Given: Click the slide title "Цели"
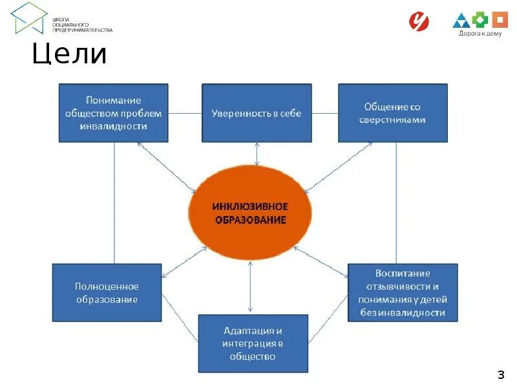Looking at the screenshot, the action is [x=70, y=54].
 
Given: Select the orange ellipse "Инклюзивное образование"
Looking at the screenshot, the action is [x=250, y=213].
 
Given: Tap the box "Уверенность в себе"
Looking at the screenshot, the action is [x=257, y=113].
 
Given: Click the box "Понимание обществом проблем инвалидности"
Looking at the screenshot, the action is [x=114, y=113].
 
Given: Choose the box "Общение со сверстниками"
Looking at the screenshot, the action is [x=393, y=113].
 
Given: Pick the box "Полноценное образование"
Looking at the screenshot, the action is [x=107, y=293].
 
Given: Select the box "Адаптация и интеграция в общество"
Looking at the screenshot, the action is [x=253, y=343].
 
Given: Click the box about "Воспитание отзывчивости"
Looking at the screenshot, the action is [x=403, y=293].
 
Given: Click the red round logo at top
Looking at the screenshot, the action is [x=419, y=21].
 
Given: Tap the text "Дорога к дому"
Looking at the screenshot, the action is [x=480, y=34].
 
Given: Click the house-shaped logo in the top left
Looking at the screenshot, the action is [x=29, y=17].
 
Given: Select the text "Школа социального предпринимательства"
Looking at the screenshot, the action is [x=82, y=25].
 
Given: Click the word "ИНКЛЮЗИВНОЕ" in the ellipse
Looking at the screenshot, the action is [x=250, y=206].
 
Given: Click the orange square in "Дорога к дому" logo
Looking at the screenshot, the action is [x=500, y=19].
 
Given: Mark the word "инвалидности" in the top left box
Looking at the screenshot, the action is [x=114, y=126].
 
